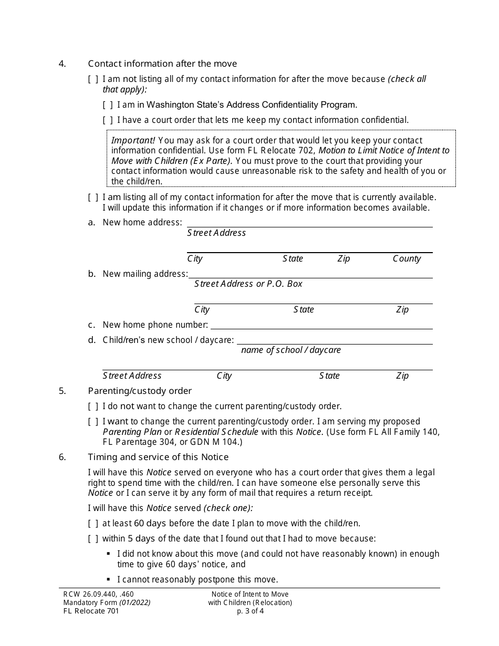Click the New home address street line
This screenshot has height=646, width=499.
(x=310, y=224)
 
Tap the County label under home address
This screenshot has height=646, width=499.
(x=407, y=258)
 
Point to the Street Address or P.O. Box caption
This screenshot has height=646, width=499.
(x=248, y=284)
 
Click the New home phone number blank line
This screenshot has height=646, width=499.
(x=321, y=326)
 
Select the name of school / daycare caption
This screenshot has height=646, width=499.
(x=290, y=350)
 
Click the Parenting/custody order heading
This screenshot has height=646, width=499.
(x=140, y=391)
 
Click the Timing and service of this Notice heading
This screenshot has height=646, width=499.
(x=158, y=457)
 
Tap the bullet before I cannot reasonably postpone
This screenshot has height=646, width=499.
(x=108, y=579)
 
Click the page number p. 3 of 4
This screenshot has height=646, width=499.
(x=250, y=611)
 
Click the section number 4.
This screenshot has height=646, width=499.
(x=63, y=64)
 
